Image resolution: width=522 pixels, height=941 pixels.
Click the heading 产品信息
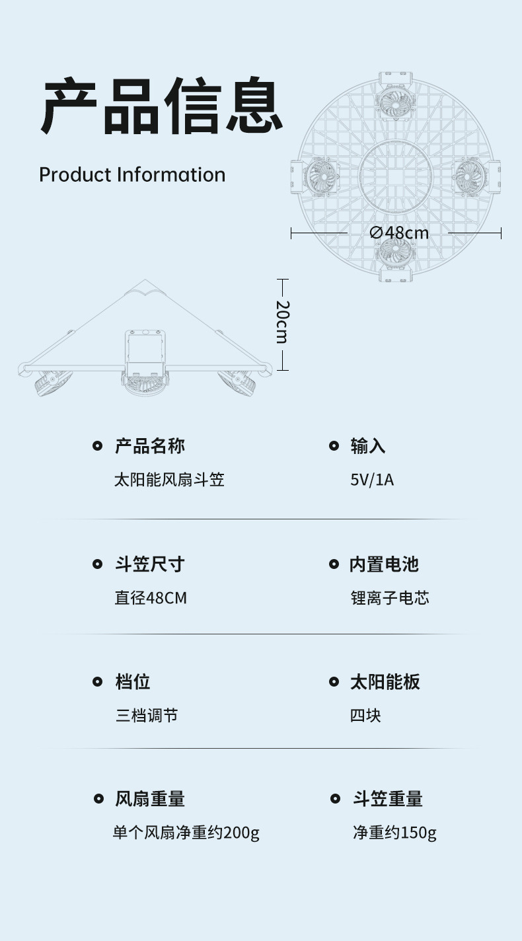click(162, 106)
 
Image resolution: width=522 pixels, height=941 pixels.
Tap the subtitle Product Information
click(132, 174)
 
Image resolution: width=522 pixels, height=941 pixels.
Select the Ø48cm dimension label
click(398, 233)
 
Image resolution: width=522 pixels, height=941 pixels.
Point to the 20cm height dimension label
click(282, 322)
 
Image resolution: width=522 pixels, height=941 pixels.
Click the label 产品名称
click(150, 446)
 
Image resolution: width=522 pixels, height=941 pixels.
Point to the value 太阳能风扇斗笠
click(170, 480)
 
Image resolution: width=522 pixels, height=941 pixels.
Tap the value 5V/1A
click(372, 480)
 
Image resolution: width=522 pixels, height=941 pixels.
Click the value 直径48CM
click(151, 598)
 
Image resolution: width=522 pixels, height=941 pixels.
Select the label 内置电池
click(384, 564)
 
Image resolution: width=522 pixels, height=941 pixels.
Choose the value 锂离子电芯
click(390, 598)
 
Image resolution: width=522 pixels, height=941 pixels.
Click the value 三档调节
click(147, 715)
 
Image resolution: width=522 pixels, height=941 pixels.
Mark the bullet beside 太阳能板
click(334, 682)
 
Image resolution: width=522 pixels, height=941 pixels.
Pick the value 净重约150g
click(394, 833)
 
